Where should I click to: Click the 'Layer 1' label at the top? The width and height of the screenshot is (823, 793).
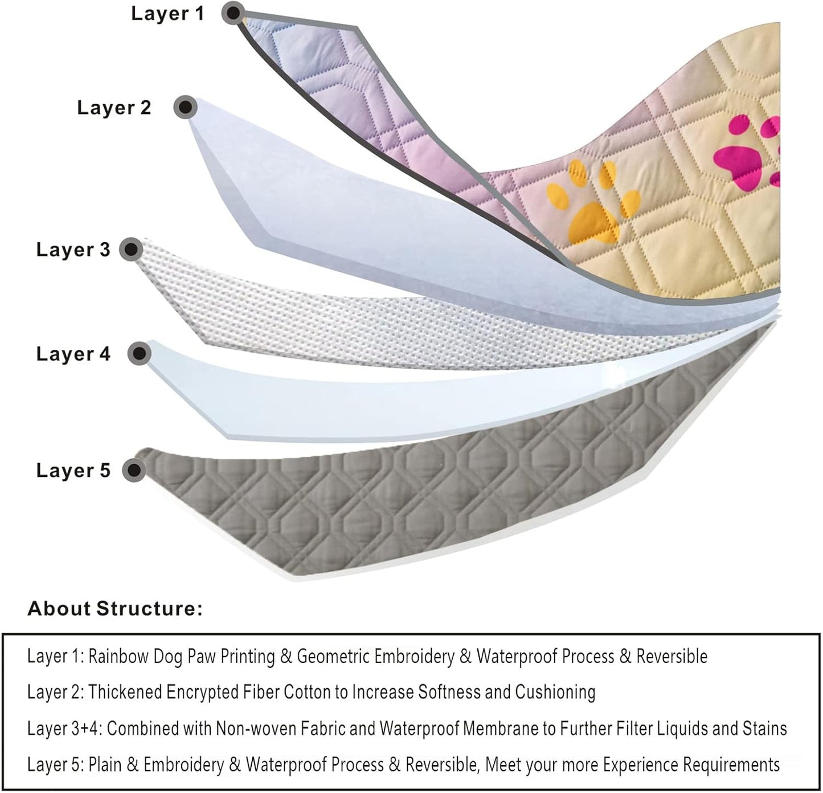167,13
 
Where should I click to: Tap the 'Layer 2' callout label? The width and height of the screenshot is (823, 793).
114,107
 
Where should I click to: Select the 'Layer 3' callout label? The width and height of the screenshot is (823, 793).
73,250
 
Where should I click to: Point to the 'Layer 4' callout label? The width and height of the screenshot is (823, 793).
73,354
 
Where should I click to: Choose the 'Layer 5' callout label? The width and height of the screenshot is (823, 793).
73,471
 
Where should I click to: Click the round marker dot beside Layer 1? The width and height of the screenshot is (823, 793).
233,12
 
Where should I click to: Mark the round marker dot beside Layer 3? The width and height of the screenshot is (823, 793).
132,249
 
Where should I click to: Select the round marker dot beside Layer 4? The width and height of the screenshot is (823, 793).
138,354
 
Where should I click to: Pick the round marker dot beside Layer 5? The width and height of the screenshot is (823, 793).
134,470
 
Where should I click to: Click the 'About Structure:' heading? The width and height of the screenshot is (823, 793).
115,608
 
